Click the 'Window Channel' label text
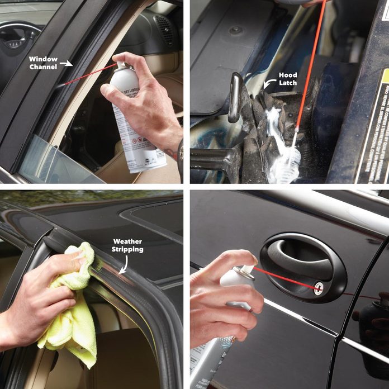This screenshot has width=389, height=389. pyautogui.click(x=44, y=63)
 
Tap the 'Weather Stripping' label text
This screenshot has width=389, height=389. pyautogui.click(x=127, y=245)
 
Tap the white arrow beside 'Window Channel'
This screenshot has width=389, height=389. pyautogui.click(x=67, y=64)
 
